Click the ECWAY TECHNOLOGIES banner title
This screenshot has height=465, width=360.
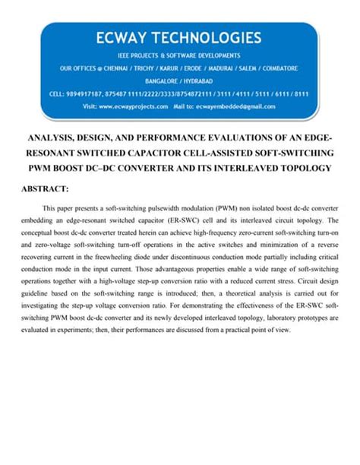pos(179,37)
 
